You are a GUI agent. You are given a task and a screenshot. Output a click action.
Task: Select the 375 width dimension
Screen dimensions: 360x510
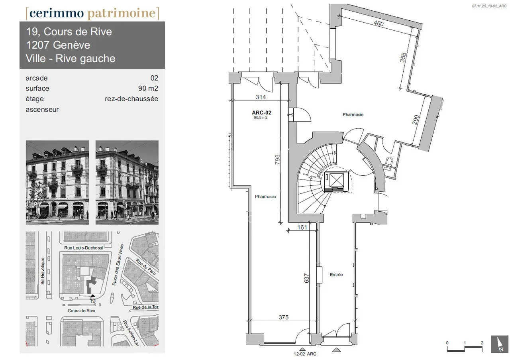(283, 317)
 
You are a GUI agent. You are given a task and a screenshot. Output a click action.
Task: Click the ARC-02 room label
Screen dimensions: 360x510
(262, 113)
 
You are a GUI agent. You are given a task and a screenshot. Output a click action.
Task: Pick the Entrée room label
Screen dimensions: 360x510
(336, 275)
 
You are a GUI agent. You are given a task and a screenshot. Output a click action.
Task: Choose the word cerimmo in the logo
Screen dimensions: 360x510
(56, 13)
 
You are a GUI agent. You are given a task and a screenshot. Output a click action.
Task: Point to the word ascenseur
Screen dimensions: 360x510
(42, 109)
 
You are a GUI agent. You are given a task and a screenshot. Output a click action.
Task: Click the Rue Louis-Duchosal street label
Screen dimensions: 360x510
(84, 248)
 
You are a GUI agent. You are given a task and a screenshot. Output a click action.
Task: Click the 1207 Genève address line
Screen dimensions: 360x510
(58, 45)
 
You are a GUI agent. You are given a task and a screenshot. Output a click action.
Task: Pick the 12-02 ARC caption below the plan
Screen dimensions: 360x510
(305, 354)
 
